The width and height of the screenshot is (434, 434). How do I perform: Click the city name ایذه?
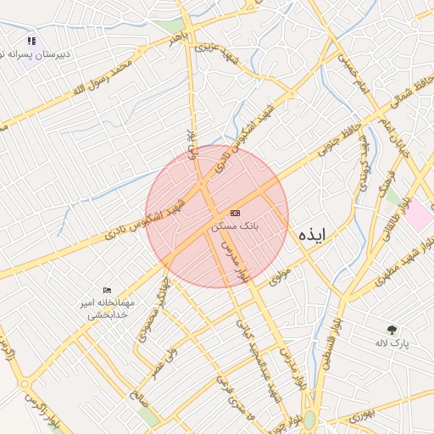[x=312, y=235]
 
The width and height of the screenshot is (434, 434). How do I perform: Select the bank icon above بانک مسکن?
[x=235, y=213]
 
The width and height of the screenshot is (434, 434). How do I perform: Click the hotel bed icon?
[x=107, y=291]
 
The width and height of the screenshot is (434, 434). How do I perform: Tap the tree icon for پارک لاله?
[x=392, y=329]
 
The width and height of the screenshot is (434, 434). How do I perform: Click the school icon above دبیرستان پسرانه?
[x=31, y=40]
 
